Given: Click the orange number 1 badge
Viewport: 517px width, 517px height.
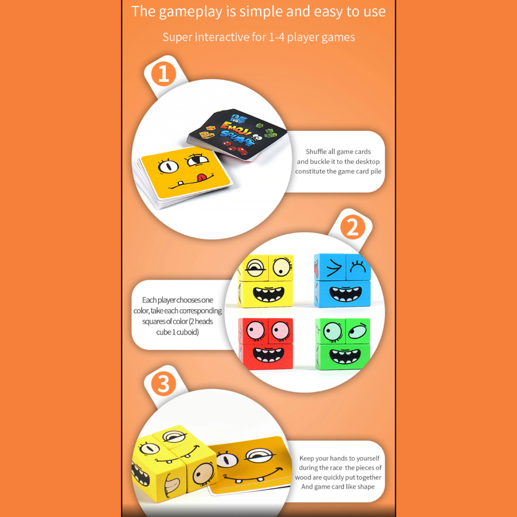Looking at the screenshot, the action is tap(164, 75).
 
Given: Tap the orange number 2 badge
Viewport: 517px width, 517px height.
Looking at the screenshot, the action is tap(352, 227).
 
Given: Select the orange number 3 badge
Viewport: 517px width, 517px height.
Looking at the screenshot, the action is tap(164, 384).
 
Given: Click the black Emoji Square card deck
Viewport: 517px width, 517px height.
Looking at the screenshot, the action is tap(237, 135).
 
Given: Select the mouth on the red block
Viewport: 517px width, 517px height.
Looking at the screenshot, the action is tap(268, 355).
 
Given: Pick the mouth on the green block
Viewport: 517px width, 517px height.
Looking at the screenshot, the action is tap(345, 357).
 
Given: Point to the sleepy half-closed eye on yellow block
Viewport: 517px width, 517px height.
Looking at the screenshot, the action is tap(256, 268).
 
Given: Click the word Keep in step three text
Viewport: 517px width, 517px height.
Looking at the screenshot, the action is tap(307, 458).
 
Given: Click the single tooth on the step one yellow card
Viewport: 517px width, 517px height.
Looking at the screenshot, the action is tap(180, 183).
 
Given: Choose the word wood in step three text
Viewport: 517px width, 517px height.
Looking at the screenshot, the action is tap(303, 477).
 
